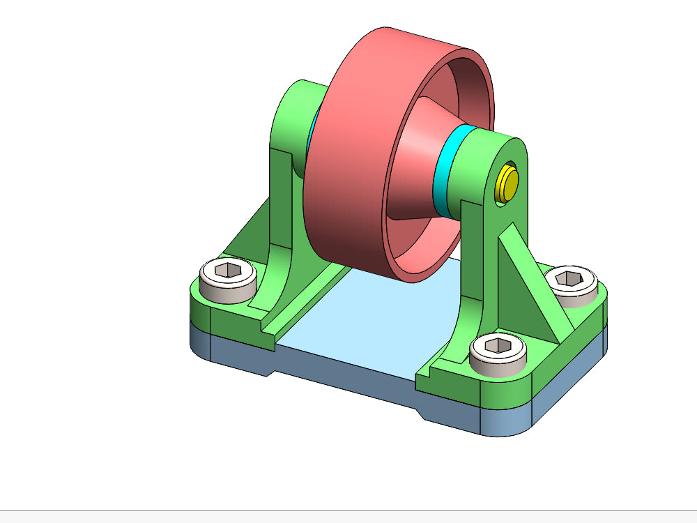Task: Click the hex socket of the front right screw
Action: click(x=498, y=344)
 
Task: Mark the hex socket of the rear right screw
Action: click(x=572, y=278)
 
